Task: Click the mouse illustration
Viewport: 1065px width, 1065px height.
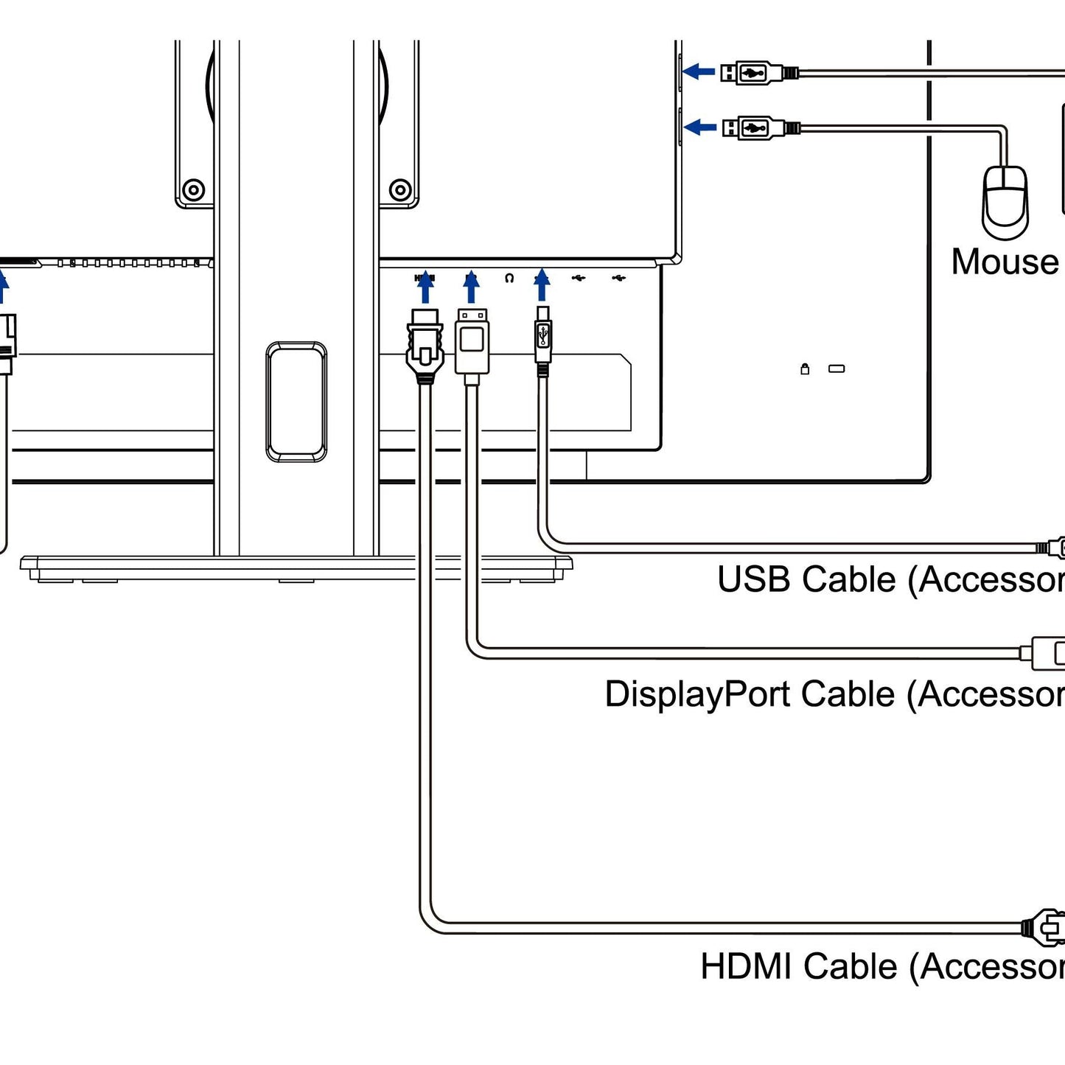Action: pos(1005,202)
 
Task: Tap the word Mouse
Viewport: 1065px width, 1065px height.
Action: pos(1005,262)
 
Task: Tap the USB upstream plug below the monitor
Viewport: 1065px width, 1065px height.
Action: pos(543,338)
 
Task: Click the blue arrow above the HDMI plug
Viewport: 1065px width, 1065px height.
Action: pos(425,287)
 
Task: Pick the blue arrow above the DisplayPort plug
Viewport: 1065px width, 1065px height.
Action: pos(472,287)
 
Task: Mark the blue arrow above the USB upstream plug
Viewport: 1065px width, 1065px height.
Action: pos(542,284)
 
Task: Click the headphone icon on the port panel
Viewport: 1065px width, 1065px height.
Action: pos(509,279)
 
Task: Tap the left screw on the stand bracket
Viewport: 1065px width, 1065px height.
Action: pos(193,190)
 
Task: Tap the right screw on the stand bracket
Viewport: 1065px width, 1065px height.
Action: pos(400,190)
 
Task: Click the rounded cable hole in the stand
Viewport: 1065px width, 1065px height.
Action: pos(296,402)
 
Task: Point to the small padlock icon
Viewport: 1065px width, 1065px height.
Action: pos(805,369)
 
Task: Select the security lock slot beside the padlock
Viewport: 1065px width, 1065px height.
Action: pos(837,369)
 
